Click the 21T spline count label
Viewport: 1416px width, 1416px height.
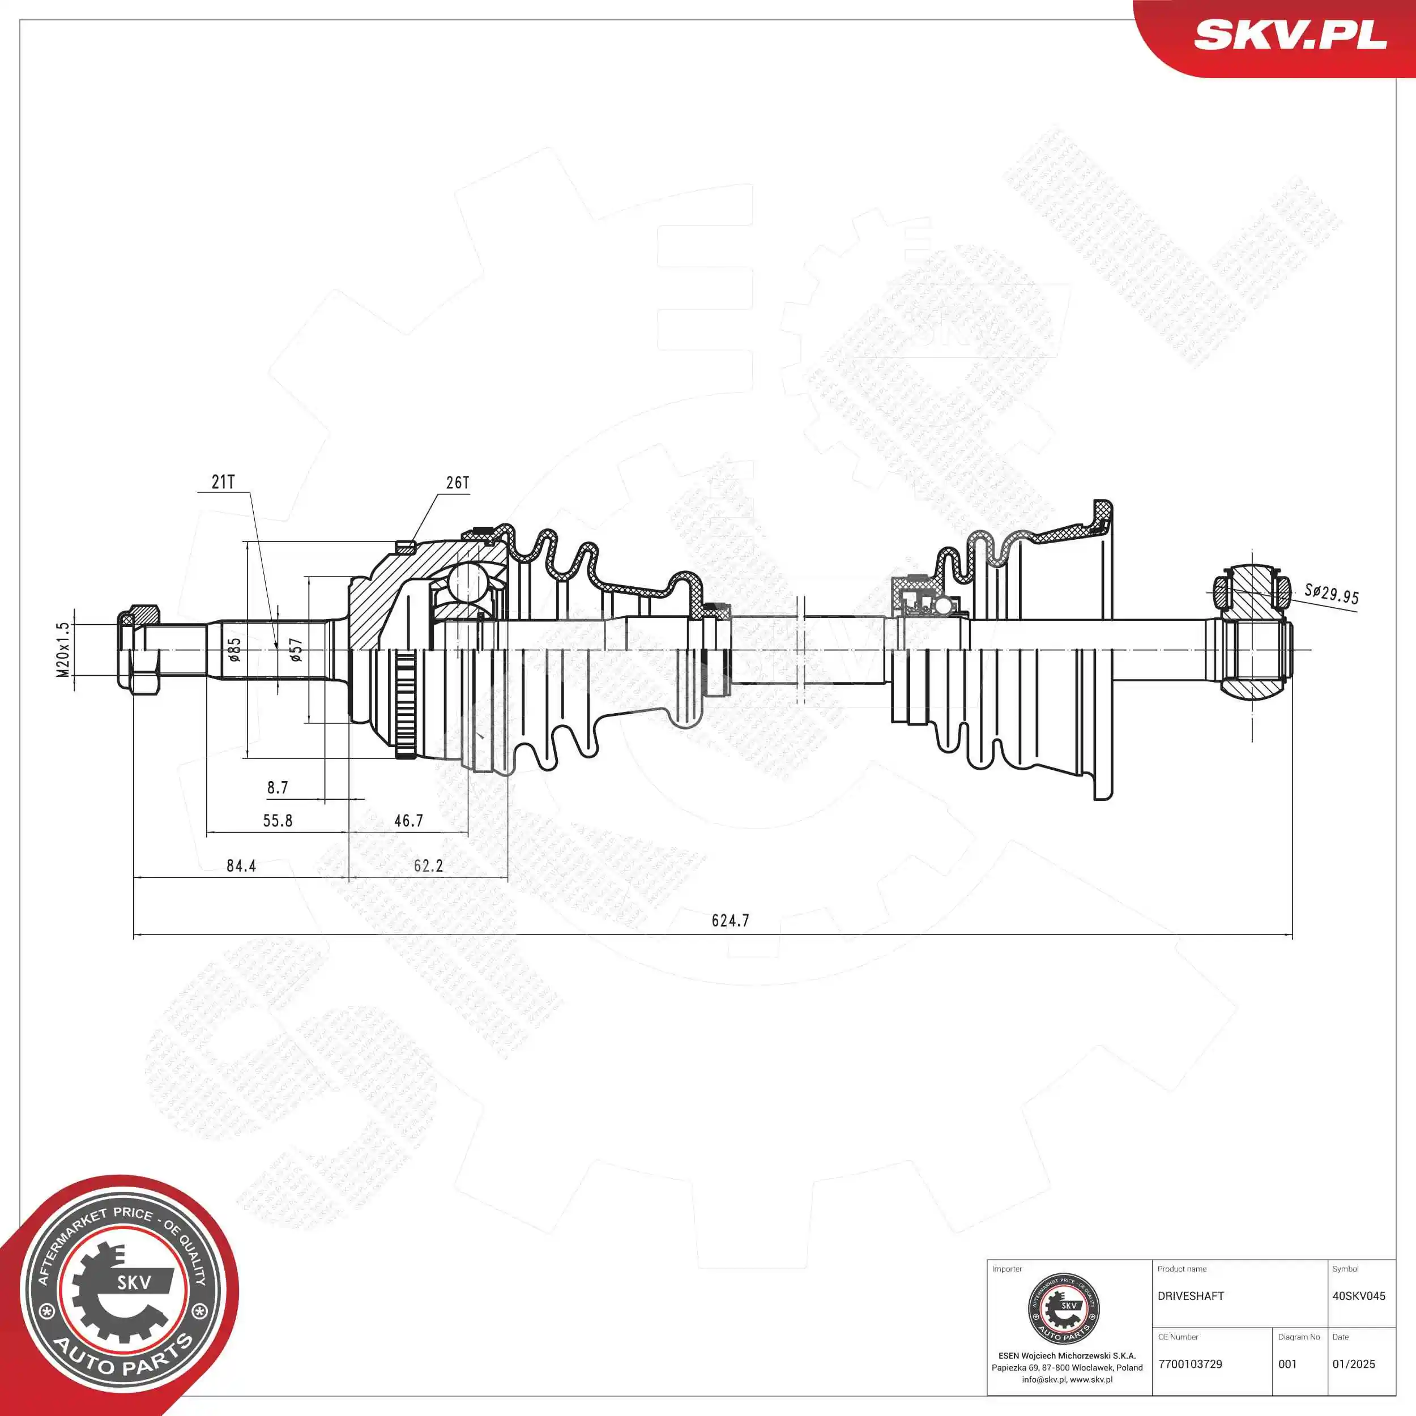click(223, 481)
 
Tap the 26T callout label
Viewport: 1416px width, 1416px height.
click(457, 482)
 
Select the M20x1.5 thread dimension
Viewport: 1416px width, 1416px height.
click(63, 649)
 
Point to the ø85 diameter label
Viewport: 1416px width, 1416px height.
click(234, 649)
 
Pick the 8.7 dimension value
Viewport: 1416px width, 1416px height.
click(278, 788)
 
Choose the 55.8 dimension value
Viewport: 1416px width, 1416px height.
click(278, 821)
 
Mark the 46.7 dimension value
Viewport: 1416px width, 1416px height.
click(408, 821)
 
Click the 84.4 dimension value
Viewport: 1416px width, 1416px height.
click(241, 865)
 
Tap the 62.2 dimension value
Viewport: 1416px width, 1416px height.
click(428, 865)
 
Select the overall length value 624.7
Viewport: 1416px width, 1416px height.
click(730, 920)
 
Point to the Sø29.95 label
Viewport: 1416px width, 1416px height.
click(1331, 594)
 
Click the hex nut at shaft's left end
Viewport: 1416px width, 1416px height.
click(139, 649)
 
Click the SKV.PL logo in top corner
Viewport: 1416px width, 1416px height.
click(1290, 35)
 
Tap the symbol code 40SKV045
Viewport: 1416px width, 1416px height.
click(1359, 1296)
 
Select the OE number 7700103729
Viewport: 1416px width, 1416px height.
click(1190, 1364)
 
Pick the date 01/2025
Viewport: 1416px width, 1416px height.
click(1354, 1364)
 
